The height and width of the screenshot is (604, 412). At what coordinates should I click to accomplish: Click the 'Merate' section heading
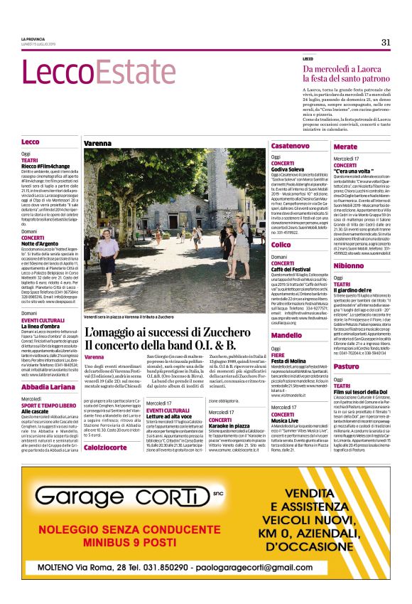[x=345, y=146]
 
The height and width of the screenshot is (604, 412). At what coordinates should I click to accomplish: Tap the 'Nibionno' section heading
[x=348, y=265]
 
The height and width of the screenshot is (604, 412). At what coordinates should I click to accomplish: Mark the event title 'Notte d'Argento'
[x=43, y=243]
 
